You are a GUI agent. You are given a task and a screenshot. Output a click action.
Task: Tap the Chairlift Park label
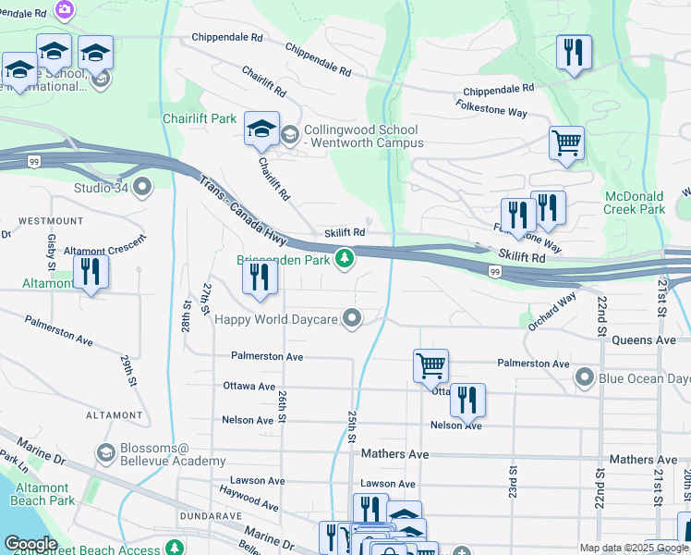[200, 119]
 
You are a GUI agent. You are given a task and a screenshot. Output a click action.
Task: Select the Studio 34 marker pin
[141, 189]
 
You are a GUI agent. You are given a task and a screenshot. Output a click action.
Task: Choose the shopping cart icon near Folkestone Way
[566, 142]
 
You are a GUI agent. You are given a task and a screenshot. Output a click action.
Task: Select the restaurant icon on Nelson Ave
[467, 400]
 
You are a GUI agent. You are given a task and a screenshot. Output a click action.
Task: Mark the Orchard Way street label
[552, 311]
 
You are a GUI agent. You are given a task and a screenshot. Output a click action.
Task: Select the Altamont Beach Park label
[42, 494]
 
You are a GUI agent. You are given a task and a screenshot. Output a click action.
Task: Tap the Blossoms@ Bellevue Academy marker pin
[105, 453]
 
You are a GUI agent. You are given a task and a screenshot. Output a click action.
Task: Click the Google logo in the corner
[30, 544]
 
